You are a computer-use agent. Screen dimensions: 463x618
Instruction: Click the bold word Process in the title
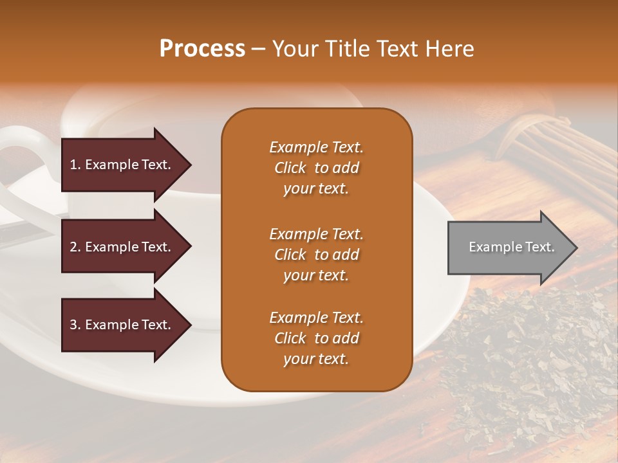point(202,49)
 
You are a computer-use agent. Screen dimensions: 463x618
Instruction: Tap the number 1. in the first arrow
point(75,165)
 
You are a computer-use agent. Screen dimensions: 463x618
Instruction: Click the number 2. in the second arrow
point(75,247)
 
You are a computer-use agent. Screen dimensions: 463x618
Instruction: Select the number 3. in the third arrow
point(75,325)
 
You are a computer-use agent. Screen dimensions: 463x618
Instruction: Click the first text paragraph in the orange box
point(316,168)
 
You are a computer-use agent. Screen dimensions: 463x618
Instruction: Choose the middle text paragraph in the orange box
point(316,255)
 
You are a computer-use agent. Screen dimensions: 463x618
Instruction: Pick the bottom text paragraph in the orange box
point(316,338)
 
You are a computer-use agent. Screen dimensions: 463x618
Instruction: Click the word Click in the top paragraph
point(290,168)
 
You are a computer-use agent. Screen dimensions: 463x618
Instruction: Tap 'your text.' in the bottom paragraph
point(316,359)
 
